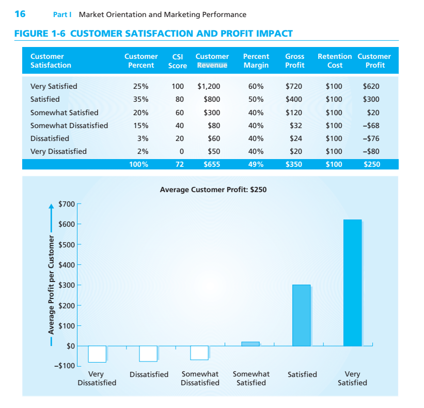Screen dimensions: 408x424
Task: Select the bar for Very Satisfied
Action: click(x=352, y=283)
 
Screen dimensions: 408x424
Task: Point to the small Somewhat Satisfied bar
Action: click(x=250, y=343)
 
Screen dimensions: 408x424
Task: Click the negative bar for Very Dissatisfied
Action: click(x=97, y=354)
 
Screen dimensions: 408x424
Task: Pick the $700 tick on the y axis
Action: click(x=68, y=204)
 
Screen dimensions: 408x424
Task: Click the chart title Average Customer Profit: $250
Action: click(x=213, y=190)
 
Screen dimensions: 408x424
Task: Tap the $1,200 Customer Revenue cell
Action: click(x=209, y=86)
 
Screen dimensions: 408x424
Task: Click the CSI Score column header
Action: click(x=178, y=61)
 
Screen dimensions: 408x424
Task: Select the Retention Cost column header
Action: click(x=335, y=61)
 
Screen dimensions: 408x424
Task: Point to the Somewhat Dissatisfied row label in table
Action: click(x=69, y=125)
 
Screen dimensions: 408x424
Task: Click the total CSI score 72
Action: click(x=178, y=165)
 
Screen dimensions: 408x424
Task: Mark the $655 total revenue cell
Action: click(x=212, y=165)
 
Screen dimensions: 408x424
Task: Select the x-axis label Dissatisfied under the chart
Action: click(x=149, y=374)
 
